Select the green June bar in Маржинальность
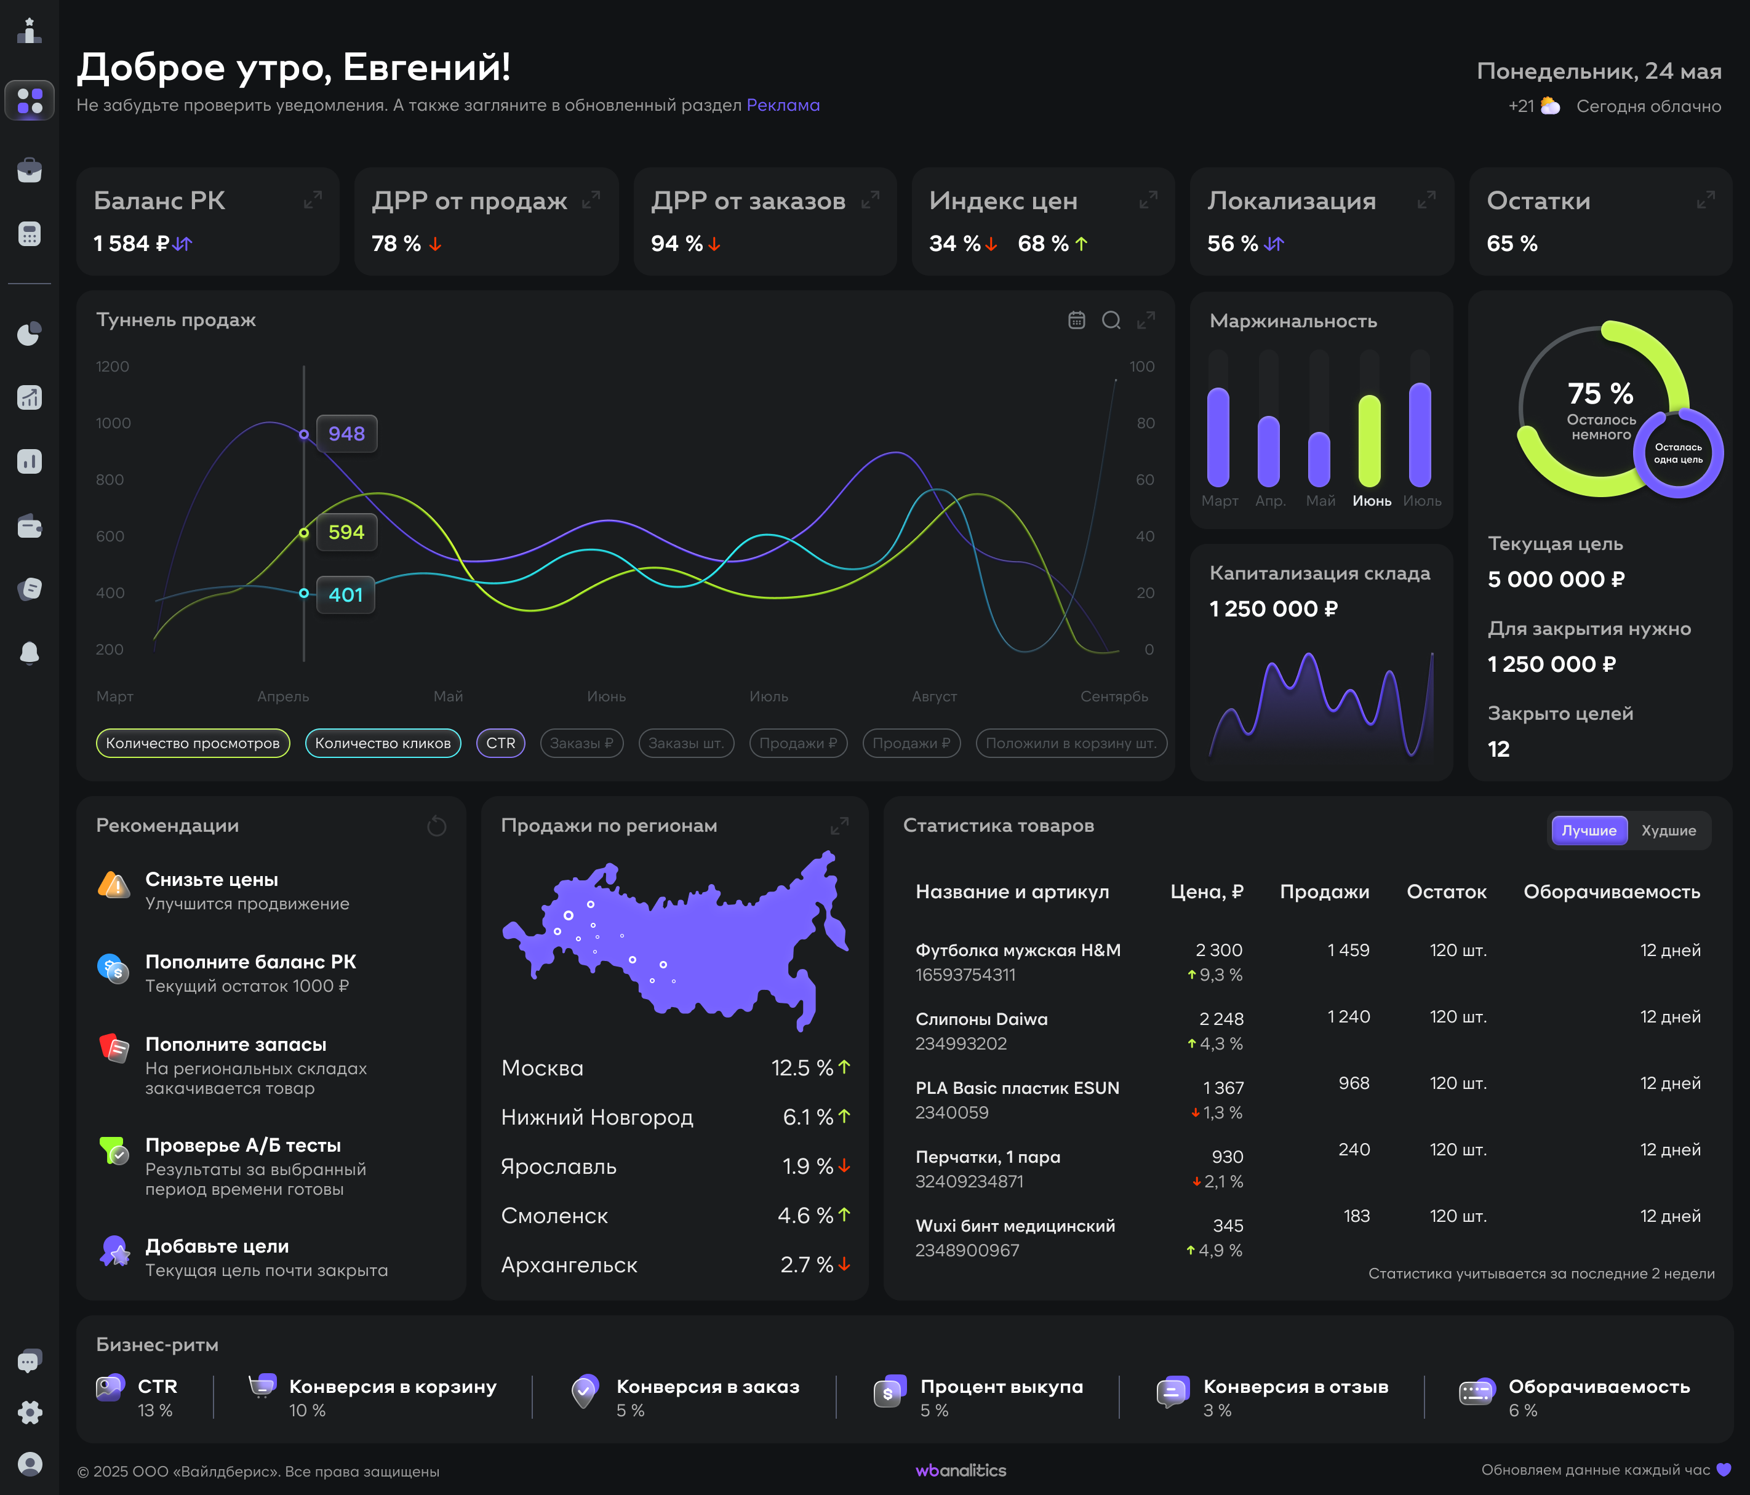[x=1369, y=441]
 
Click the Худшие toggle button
[x=1668, y=831]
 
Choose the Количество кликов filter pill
[x=383, y=743]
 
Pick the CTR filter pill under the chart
[x=501, y=743]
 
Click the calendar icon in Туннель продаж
[x=1076, y=320]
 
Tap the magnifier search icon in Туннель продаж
[x=1111, y=320]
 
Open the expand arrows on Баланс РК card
[x=313, y=200]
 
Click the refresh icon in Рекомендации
[x=437, y=826]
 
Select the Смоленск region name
[x=554, y=1216]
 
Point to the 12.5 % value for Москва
[x=802, y=1069]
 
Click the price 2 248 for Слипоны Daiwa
[x=1221, y=1019]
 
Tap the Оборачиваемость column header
[x=1612, y=892]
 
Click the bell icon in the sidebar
[x=30, y=653]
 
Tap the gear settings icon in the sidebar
[x=30, y=1412]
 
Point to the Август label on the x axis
[x=934, y=697]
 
